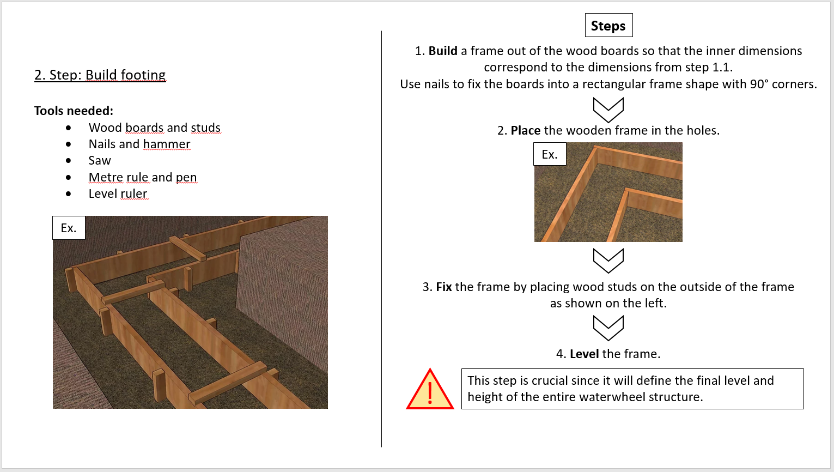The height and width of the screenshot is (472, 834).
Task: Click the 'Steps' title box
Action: (x=608, y=26)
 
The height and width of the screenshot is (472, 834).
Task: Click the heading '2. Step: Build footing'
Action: (x=100, y=75)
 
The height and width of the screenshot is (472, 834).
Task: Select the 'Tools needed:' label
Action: (x=74, y=111)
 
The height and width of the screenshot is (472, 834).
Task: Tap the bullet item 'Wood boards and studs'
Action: (x=154, y=128)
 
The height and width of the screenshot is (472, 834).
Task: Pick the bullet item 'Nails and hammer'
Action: (x=139, y=144)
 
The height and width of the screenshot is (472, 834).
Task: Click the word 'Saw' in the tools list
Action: (x=100, y=160)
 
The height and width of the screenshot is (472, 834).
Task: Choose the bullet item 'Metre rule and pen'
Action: (x=143, y=177)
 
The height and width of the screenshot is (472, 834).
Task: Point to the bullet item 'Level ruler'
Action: (x=118, y=193)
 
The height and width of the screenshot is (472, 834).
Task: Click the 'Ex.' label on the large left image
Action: (x=69, y=228)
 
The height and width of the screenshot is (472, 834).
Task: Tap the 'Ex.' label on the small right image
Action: (x=549, y=154)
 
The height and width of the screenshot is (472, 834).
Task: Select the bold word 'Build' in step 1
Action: (x=442, y=51)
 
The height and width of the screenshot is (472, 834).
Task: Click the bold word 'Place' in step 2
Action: (x=525, y=130)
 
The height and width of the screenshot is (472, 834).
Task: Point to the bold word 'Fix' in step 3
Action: (x=443, y=287)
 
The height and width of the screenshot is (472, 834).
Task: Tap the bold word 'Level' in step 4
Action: (x=584, y=354)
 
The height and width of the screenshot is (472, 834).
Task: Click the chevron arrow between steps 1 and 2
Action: (x=608, y=110)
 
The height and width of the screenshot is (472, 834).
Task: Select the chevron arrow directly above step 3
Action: (x=608, y=261)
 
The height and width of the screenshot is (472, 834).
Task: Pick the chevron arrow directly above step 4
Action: (x=608, y=328)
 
